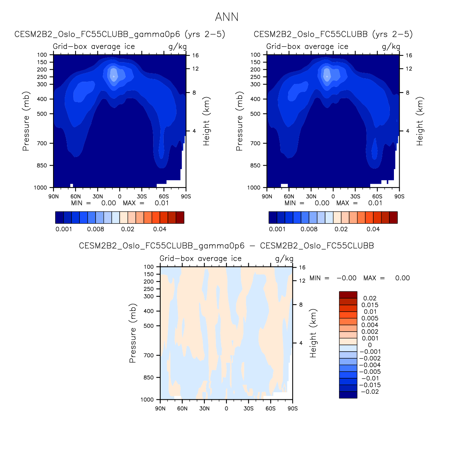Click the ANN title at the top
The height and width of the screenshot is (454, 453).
[x=226, y=17]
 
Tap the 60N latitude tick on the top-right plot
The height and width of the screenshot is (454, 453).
[x=289, y=197]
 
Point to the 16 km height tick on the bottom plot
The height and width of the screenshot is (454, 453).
[x=302, y=268]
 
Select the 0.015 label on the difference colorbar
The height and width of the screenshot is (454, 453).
[x=370, y=305]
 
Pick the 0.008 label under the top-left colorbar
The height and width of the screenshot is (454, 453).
[x=96, y=229]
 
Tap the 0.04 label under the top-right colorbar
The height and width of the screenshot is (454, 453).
[x=373, y=229]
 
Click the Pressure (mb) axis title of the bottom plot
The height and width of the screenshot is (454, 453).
[x=132, y=333]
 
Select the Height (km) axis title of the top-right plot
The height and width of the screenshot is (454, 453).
[x=420, y=121]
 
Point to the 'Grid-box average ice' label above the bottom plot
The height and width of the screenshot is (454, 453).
[x=201, y=259]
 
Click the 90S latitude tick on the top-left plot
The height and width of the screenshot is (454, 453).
[x=186, y=197]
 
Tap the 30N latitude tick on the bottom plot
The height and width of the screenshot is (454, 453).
[x=204, y=408]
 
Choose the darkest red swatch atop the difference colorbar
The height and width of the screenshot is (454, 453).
[x=348, y=295]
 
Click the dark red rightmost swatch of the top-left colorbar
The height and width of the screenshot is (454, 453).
[x=180, y=218]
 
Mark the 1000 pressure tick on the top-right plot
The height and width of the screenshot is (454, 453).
[x=255, y=187]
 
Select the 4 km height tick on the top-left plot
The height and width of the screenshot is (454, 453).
[x=194, y=131]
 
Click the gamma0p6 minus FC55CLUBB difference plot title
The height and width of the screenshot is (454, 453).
[x=226, y=246]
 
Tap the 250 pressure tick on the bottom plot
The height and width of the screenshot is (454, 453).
[x=149, y=289]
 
